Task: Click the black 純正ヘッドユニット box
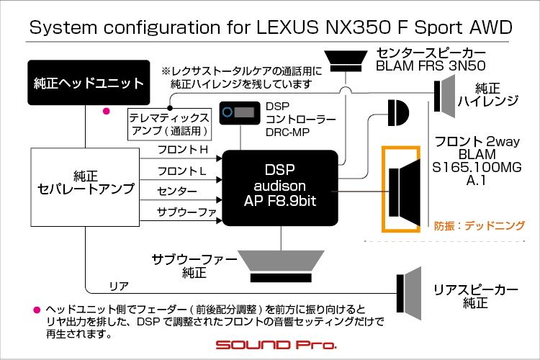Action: (89, 83)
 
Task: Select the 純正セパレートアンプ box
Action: (85, 187)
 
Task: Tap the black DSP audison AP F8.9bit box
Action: (280, 188)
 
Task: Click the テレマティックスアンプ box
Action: (169, 125)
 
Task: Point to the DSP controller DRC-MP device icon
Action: (240, 112)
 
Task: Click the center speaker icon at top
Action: (346, 61)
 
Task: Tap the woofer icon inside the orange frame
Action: (405, 192)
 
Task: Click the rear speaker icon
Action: (409, 293)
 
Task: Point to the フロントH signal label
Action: (183, 150)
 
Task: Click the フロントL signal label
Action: (182, 171)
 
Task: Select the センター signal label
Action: (177, 191)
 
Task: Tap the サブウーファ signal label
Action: (186, 212)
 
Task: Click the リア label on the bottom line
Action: (119, 286)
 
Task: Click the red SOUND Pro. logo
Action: (276, 344)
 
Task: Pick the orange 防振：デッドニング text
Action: (480, 225)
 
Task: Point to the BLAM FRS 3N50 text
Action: (431, 66)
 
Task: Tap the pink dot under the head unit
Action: (107, 111)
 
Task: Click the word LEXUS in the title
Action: (287, 27)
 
